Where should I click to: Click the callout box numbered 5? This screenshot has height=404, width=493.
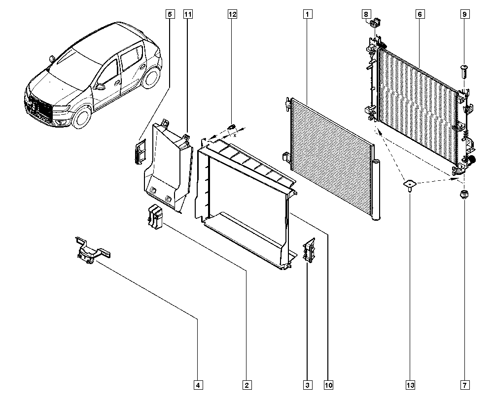pos(170,14)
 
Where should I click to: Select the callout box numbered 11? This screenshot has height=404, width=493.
pos(187,14)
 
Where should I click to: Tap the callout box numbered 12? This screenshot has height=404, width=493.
pos(232,14)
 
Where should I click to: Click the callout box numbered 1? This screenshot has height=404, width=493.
pos(307,14)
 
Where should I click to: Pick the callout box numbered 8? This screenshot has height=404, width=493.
pos(366,14)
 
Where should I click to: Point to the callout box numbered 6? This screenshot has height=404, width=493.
pos(420,14)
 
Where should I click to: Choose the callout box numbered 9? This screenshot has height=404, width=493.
pos(464,14)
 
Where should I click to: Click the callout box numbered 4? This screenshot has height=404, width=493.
pos(198,385)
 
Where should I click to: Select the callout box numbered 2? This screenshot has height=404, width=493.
pos(247,385)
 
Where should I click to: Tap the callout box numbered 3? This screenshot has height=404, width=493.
pos(307,385)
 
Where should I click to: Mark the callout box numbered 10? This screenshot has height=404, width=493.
pos(328,385)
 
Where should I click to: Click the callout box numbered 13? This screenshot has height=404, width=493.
pos(410,385)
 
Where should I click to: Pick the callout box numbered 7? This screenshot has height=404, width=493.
pos(464,385)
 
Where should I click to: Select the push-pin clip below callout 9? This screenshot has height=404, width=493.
pos(464,72)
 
